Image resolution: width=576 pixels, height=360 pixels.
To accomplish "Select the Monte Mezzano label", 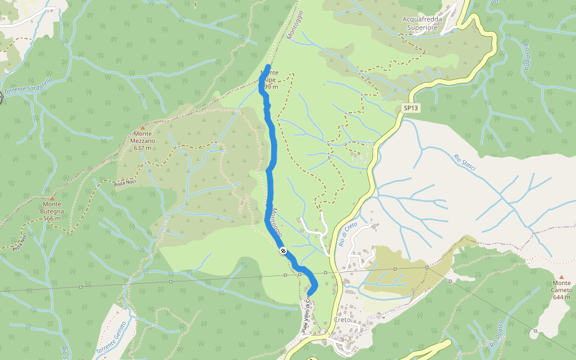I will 143,137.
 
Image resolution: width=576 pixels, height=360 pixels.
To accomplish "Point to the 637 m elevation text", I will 143,148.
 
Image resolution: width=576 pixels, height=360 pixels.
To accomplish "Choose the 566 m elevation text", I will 52,218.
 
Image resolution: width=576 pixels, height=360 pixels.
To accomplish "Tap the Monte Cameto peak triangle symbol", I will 562,277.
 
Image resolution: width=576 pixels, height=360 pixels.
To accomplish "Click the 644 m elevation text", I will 562,297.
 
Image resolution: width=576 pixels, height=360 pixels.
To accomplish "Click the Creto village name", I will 341,320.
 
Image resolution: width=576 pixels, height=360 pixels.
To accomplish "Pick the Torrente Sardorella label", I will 29,86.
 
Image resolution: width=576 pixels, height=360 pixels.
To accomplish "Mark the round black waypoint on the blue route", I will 282,251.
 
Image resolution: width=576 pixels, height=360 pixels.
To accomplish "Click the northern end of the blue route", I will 268,66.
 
